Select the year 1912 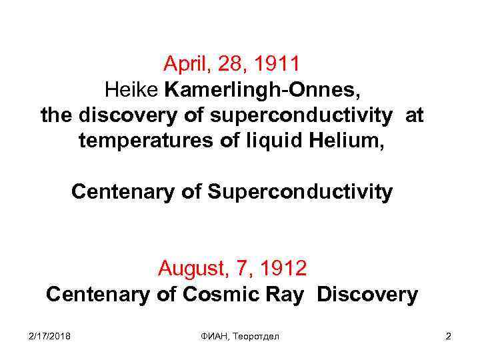coord(283,269)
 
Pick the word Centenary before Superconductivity coord(123,192)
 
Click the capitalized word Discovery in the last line coord(367,294)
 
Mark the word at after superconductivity coord(414,115)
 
